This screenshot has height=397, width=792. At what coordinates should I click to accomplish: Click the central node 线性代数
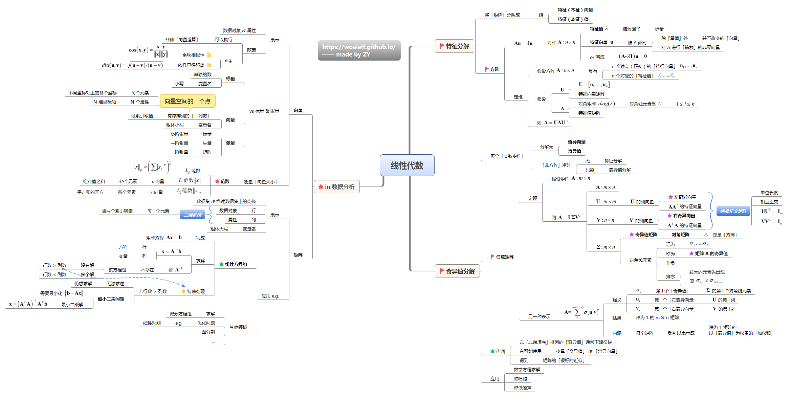(x=407, y=165)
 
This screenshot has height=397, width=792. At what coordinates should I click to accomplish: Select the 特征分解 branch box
(x=454, y=46)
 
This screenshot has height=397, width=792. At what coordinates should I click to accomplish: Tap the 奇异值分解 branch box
(x=457, y=271)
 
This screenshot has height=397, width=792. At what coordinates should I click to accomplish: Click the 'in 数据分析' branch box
(x=336, y=187)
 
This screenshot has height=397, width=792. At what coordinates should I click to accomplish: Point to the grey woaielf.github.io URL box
(x=359, y=50)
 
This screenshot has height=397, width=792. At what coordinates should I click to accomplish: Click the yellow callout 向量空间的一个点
(x=188, y=101)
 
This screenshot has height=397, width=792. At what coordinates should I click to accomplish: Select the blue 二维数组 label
(x=192, y=215)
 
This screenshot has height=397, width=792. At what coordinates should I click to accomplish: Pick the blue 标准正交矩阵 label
(x=733, y=211)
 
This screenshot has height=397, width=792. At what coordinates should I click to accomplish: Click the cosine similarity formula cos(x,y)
(x=148, y=50)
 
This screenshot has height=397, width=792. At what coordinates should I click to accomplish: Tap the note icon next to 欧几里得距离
(x=209, y=65)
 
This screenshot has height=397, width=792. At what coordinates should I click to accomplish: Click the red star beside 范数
(x=217, y=182)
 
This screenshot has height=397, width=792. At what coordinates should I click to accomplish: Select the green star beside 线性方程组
(x=221, y=264)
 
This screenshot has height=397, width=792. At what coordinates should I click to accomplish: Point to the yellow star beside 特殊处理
(x=183, y=291)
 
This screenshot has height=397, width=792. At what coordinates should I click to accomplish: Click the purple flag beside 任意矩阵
(x=492, y=257)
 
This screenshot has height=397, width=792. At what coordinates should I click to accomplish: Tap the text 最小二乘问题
(x=111, y=299)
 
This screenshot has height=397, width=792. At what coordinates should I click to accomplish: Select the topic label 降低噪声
(x=522, y=388)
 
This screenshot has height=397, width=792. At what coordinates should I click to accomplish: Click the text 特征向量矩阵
(x=591, y=94)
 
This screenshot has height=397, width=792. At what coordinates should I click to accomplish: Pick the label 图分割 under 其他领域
(x=208, y=332)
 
